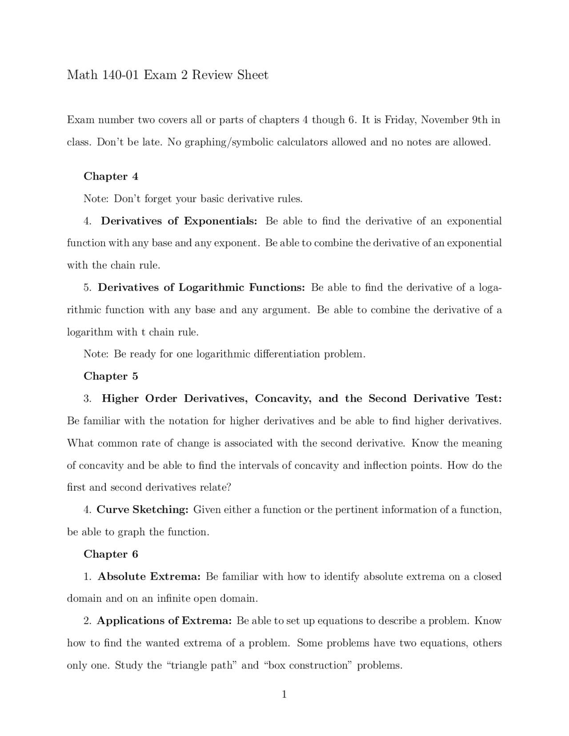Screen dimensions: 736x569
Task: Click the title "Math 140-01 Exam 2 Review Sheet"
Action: coord(168,75)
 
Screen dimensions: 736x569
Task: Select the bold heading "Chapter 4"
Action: coord(111,176)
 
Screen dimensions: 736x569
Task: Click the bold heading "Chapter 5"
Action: coord(111,376)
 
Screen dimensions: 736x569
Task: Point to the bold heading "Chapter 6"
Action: coord(111,554)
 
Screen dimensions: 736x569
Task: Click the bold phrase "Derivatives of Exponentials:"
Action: coord(179,221)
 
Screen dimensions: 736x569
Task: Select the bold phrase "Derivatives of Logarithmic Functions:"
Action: coord(201,288)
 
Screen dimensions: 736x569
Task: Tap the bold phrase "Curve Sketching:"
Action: coord(143,510)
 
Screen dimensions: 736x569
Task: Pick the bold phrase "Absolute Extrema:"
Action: coord(149,576)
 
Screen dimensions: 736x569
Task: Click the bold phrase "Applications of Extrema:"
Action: coord(164,621)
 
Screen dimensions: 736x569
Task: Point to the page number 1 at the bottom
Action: coord(284,694)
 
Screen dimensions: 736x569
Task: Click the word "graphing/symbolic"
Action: coord(228,143)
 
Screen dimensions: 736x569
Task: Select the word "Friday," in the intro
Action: coord(401,120)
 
